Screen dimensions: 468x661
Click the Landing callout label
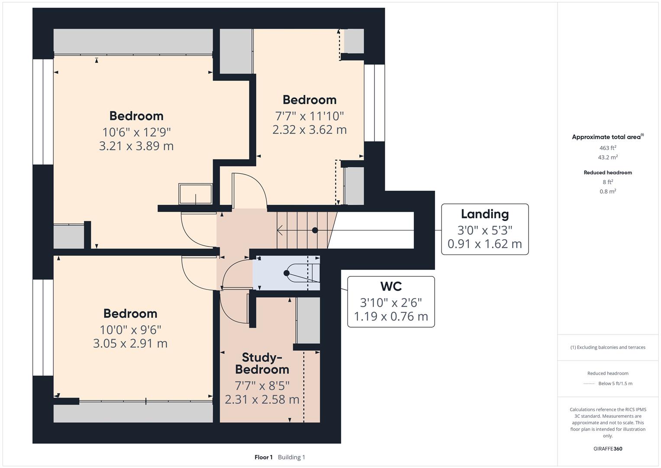[x=484, y=214]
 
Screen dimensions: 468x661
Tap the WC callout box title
[x=390, y=286]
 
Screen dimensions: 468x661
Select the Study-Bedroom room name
[x=262, y=363]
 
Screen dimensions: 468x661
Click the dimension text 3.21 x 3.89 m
[x=136, y=146]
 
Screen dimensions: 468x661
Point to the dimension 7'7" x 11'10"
[x=309, y=116]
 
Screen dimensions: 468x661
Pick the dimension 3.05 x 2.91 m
[x=130, y=344]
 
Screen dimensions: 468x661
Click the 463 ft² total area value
[x=608, y=148]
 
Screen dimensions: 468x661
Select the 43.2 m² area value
[x=608, y=157]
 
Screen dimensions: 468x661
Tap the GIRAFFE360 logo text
[x=608, y=448]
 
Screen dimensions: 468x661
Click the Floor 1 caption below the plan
[x=263, y=457]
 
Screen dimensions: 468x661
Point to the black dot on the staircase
[x=315, y=230]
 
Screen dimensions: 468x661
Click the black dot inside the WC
[x=286, y=273]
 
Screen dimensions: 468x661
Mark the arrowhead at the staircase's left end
[x=279, y=230]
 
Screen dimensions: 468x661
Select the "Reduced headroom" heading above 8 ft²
[x=608, y=172]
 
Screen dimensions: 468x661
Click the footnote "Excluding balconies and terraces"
[x=610, y=347]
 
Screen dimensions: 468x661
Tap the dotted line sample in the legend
[x=589, y=383]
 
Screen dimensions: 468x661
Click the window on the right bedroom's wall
[x=374, y=103]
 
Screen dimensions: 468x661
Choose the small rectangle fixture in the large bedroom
[x=195, y=194]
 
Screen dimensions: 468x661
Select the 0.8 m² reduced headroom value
[x=608, y=192]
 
